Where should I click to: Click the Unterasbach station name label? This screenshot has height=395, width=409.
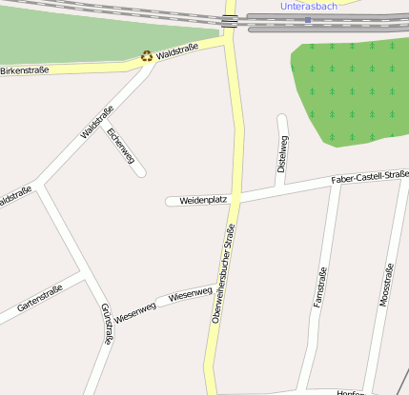click(309, 6)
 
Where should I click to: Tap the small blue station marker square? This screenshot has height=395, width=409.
click(308, 19)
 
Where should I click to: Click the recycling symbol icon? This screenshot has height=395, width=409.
click(146, 56)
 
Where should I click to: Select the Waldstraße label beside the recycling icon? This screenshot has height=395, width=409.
click(177, 50)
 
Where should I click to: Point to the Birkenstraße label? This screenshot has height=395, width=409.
click(24, 69)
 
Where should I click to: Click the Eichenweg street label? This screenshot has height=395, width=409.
click(119, 146)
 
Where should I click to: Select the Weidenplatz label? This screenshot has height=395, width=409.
click(203, 200)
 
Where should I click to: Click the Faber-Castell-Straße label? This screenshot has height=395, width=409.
click(370, 177)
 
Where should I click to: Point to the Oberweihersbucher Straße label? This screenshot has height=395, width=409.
click(221, 275)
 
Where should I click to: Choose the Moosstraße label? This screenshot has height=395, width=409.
click(385, 286)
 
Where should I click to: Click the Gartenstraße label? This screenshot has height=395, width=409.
click(39, 298)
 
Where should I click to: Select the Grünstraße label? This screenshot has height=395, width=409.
click(106, 324)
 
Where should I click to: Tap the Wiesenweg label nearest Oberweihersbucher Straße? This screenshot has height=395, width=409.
click(190, 296)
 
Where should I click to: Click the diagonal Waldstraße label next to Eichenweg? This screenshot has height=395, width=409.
click(97, 122)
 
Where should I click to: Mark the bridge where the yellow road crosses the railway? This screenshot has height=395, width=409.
click(230, 21)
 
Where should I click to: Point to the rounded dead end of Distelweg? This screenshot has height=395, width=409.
click(281, 119)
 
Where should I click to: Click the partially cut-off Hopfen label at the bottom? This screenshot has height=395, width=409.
click(354, 391)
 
